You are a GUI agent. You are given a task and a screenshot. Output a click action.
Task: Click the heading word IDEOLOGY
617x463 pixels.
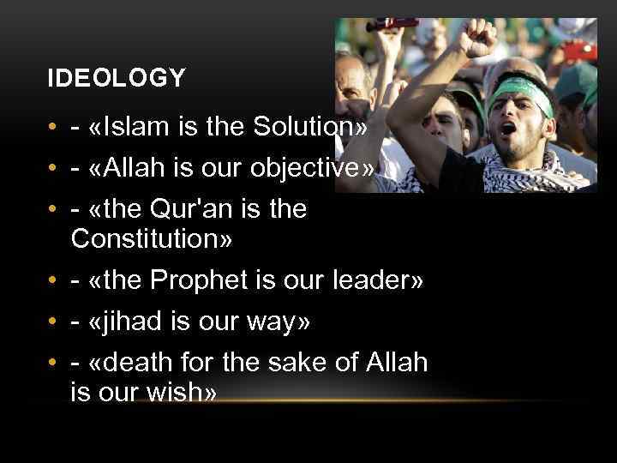[x=117, y=79]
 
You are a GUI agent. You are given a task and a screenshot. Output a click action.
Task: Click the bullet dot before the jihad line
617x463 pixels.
[x=53, y=322]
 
